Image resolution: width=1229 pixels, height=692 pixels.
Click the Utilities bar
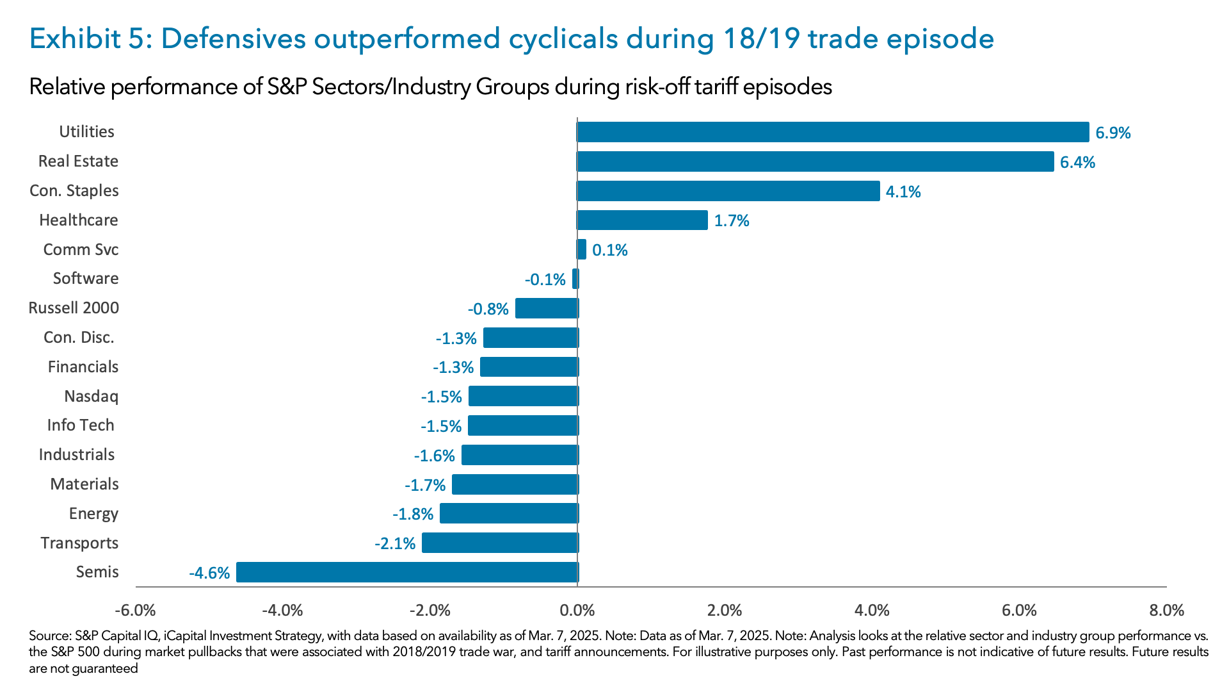(832, 132)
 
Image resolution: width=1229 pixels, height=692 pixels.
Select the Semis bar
(407, 572)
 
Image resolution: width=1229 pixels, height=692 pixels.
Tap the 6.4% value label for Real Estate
(1077, 162)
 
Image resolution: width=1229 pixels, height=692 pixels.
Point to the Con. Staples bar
(728, 191)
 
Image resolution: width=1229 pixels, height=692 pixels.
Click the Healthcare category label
(79, 220)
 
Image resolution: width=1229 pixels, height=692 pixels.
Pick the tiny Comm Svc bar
(581, 249)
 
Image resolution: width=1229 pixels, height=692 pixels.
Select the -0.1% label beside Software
(545, 279)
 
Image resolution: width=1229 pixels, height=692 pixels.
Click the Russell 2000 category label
(74, 308)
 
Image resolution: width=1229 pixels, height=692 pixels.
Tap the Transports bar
(500, 543)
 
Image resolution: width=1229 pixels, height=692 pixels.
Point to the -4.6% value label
(209, 573)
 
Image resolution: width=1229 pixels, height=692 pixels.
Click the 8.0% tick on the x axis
(1166, 610)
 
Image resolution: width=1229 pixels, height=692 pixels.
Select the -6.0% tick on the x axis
(135, 610)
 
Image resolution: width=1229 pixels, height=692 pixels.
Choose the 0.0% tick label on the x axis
(577, 610)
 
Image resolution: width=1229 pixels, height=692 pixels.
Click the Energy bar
(509, 513)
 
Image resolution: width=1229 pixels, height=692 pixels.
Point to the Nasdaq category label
(91, 396)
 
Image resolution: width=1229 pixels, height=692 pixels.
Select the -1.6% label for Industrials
(434, 456)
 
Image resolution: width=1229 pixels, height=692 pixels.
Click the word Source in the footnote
(49, 636)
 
